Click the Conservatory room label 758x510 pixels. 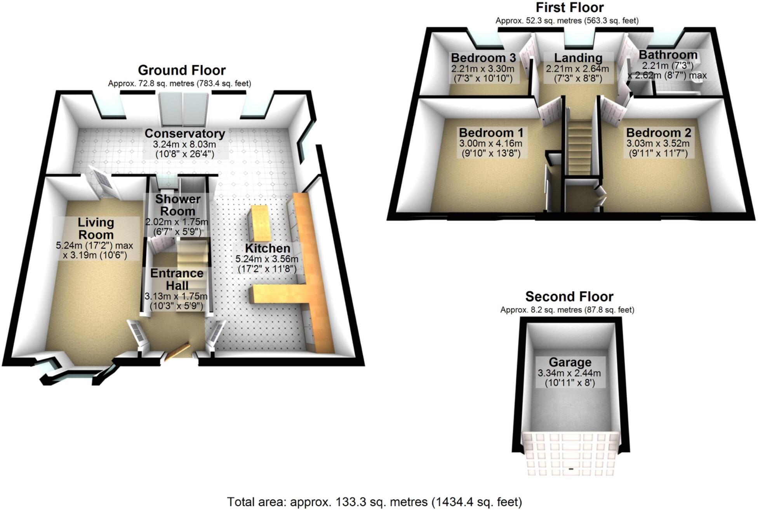point(184,134)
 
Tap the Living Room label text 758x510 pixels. point(96,229)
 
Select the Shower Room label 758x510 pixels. point(178,205)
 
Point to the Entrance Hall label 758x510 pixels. point(177,279)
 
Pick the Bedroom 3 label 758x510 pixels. point(483,58)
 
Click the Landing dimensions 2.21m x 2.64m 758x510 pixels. point(577,69)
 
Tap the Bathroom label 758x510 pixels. point(668,55)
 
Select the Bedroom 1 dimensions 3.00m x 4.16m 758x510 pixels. point(491,144)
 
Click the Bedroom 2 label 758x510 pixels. point(659,133)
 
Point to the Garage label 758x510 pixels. point(570,362)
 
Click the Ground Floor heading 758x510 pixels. point(182,70)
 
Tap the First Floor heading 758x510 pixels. point(570,7)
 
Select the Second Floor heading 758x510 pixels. point(569,297)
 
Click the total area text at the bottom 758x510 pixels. point(374,502)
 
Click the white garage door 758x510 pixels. point(571,454)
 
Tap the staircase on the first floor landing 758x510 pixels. point(580,147)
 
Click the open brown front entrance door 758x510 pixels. point(177,352)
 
